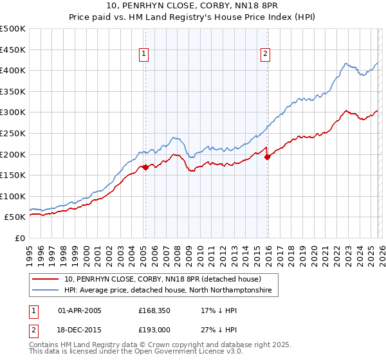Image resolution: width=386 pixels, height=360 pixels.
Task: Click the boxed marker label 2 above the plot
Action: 265,55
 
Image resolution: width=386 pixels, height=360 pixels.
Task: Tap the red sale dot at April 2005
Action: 145,167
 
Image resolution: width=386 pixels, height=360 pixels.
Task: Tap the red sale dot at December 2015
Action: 267,157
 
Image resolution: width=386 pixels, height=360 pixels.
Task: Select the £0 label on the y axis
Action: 19,238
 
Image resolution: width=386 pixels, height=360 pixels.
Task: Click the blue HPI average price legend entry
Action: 168,291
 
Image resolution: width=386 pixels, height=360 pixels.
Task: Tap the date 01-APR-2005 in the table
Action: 80,310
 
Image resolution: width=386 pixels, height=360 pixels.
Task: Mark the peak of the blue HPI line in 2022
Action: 346,63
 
